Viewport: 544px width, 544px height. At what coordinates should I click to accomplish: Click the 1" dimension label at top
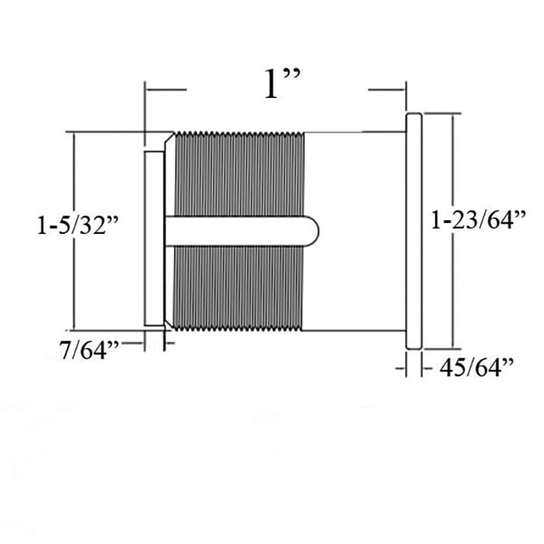(x=281, y=84)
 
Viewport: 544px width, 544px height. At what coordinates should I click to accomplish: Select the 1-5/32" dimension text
(x=78, y=225)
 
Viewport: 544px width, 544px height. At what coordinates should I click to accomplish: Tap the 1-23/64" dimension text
(x=479, y=220)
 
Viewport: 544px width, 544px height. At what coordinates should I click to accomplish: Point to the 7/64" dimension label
(x=89, y=350)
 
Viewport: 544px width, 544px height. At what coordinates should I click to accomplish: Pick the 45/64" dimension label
(x=476, y=368)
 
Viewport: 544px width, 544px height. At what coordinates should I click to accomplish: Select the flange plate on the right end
(x=414, y=231)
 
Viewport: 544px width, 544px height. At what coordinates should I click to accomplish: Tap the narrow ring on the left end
(x=154, y=239)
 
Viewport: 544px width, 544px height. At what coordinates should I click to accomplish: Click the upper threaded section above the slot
(x=239, y=174)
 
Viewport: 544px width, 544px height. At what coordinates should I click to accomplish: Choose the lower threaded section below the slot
(x=238, y=288)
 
